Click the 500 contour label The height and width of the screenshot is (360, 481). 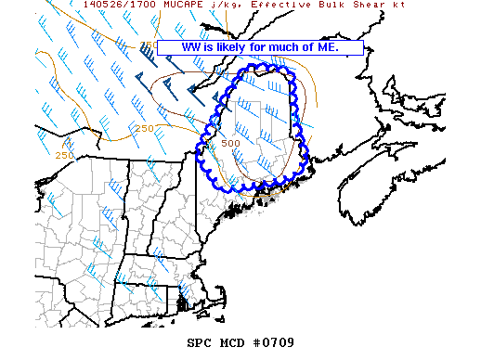[x=230, y=143]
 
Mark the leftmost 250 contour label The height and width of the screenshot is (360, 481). [x=64, y=154]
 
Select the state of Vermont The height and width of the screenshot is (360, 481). [x=138, y=199]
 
